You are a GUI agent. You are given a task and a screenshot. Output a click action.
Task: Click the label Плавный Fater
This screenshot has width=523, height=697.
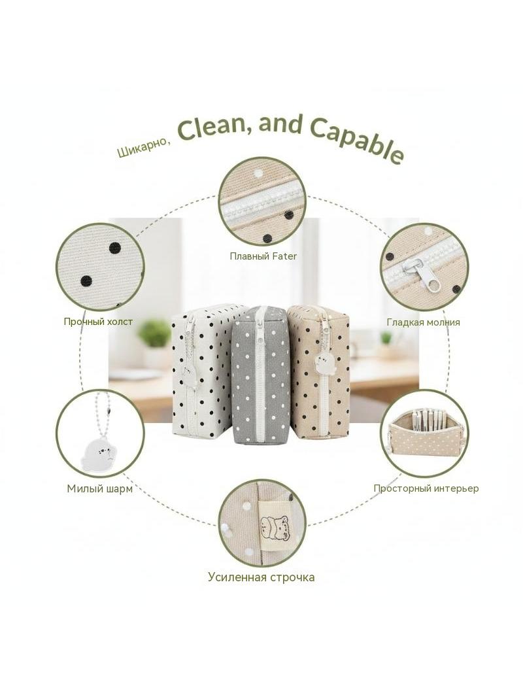pos(263,256)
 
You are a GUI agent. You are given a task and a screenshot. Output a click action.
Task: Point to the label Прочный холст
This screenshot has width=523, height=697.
pos(98,322)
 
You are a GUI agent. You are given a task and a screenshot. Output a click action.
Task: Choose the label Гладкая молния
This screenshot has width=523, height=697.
pos(424,322)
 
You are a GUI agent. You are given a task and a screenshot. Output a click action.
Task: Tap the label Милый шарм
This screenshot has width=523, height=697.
pos(100,488)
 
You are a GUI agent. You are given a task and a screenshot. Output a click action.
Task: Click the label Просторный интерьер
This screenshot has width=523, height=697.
pos(426,488)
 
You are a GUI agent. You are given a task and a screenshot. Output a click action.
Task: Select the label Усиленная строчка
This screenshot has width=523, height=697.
pos(261,577)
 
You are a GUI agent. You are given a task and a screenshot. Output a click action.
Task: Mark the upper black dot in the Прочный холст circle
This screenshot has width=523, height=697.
pos(114,248)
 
